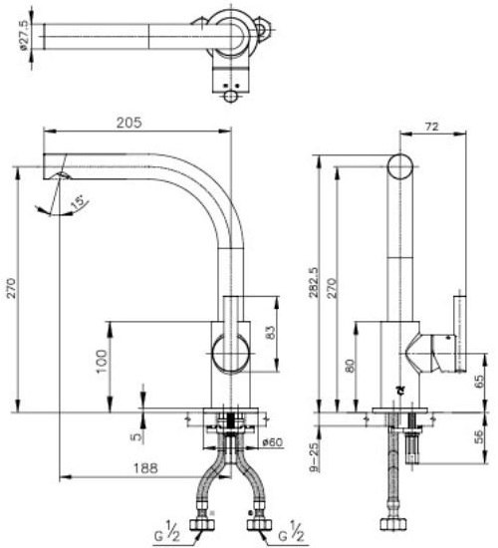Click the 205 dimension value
(x=128, y=123)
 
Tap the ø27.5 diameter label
(x=24, y=37)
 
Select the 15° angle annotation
(x=78, y=203)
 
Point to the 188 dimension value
(x=145, y=468)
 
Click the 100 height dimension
(x=102, y=361)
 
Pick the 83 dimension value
(x=270, y=333)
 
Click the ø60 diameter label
(x=272, y=442)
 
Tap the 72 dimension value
(x=432, y=127)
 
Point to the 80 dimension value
(x=350, y=366)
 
